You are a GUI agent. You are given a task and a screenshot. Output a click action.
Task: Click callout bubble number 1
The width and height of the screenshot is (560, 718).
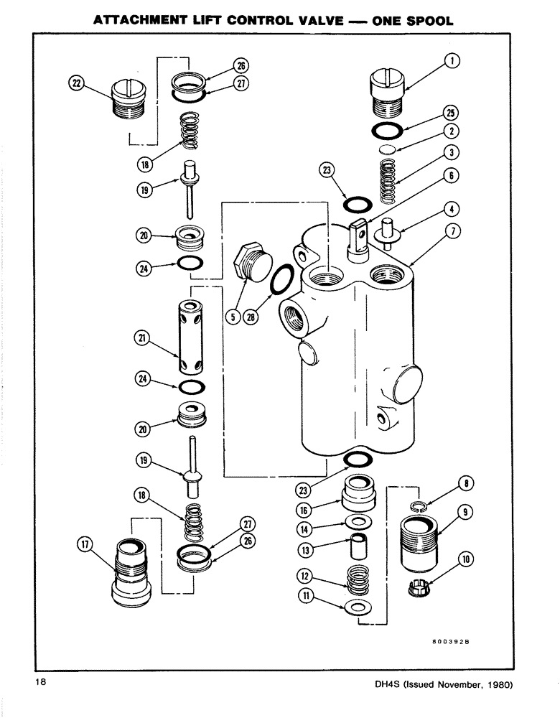coord(452,62)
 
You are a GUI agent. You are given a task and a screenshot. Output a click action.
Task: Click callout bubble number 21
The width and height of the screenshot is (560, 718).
coord(144,336)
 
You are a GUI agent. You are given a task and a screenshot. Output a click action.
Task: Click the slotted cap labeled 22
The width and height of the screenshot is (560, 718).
coord(130,103)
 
